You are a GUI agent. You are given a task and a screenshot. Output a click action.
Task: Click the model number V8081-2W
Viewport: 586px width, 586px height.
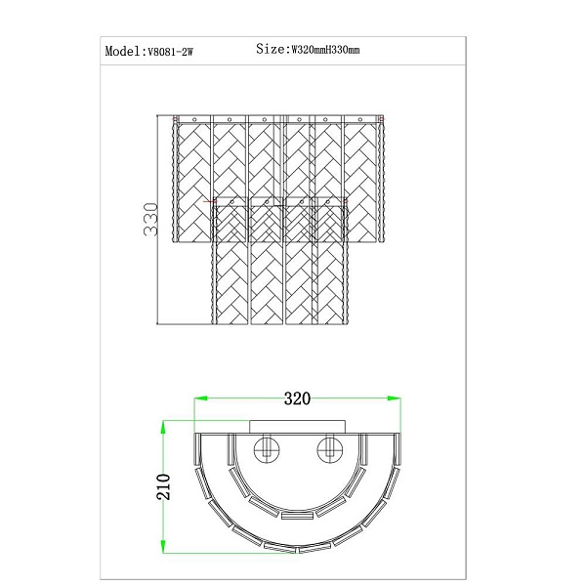[x=170, y=52]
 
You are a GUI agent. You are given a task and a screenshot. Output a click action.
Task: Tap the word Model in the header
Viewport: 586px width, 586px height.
[x=122, y=51]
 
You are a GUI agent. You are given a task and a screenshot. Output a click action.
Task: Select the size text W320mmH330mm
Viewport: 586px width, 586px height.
[x=325, y=50]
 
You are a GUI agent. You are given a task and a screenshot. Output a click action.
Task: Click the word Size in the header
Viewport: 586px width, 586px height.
[x=271, y=49]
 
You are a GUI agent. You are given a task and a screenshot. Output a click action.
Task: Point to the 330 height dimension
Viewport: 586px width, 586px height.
[x=150, y=220]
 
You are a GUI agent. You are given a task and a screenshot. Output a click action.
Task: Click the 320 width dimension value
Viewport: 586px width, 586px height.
[x=297, y=398]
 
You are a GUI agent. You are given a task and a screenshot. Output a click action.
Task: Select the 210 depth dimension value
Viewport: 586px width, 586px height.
[x=163, y=486]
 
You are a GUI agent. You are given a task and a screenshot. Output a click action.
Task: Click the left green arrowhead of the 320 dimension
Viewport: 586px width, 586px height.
[x=200, y=398]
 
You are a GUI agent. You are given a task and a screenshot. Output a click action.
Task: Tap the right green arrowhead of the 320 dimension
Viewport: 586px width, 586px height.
[x=394, y=398]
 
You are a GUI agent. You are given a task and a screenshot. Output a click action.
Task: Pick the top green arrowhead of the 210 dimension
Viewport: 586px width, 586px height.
[x=163, y=428]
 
